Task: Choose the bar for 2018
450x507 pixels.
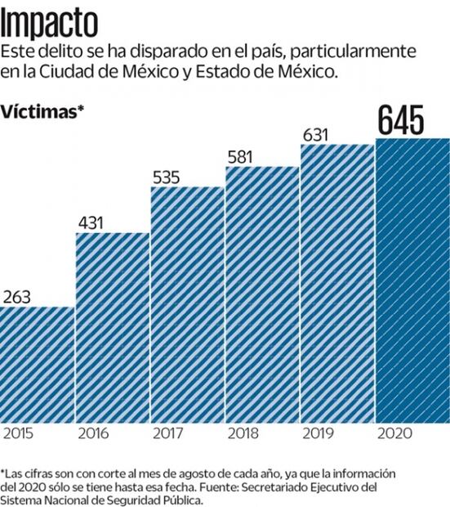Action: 262,295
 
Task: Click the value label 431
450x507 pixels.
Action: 93,222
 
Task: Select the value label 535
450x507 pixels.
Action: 169,176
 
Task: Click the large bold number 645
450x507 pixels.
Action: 400,120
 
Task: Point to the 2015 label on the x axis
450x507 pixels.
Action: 18,434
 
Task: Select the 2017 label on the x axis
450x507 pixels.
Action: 168,434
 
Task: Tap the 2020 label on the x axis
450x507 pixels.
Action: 394,434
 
